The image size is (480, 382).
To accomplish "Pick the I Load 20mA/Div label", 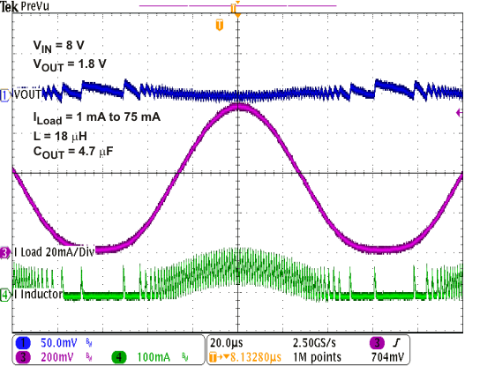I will [54, 252].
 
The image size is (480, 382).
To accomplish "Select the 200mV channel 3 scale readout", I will [56, 358].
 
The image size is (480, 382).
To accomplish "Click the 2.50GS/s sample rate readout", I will [316, 342].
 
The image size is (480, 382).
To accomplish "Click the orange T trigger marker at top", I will [220, 25].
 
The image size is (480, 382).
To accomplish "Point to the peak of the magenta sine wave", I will [238, 107].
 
